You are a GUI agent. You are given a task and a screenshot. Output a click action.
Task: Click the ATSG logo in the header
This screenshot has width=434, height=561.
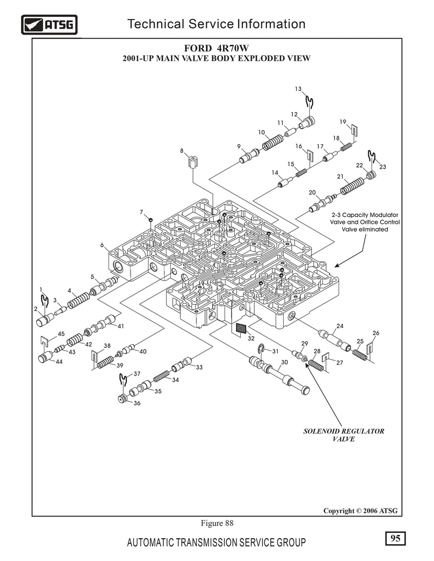[x=49, y=25]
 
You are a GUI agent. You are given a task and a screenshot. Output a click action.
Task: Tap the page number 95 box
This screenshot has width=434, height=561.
[x=395, y=538]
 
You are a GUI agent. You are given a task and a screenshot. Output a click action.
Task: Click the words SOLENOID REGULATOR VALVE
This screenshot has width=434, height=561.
[x=343, y=435]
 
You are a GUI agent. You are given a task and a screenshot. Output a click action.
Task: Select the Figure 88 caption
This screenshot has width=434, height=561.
[x=216, y=523]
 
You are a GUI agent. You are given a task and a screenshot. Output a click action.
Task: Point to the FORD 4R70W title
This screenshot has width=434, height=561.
[x=216, y=48]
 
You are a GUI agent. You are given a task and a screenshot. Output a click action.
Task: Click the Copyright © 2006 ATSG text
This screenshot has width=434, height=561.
[x=360, y=511]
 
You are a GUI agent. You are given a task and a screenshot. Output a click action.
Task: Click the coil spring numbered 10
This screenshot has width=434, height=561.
[x=273, y=142]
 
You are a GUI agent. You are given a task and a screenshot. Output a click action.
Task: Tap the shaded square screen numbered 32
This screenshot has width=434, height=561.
[x=241, y=328]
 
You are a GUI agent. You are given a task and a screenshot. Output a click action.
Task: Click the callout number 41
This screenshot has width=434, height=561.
[x=120, y=326]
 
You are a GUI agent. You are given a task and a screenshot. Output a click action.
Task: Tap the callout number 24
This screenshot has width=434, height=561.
[x=340, y=326]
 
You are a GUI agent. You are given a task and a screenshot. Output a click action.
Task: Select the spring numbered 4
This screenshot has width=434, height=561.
[x=79, y=300]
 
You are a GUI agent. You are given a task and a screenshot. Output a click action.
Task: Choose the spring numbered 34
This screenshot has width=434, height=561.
[x=162, y=376]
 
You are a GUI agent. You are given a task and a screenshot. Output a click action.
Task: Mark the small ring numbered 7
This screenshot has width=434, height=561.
[x=151, y=220]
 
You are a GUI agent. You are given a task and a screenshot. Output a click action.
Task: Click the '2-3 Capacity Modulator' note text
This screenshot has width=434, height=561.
[x=365, y=215]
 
